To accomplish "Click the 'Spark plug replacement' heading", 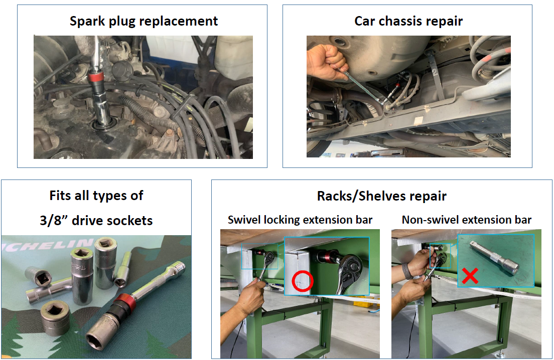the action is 144,21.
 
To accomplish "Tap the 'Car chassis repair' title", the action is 408,21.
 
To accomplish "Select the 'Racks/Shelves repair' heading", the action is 381,196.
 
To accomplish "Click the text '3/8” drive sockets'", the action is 96,221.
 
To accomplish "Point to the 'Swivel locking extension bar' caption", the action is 300,220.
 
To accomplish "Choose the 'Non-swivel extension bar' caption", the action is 466,220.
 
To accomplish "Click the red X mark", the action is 470,276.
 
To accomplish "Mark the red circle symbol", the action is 303,281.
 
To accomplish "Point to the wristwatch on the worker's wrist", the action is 407,271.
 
